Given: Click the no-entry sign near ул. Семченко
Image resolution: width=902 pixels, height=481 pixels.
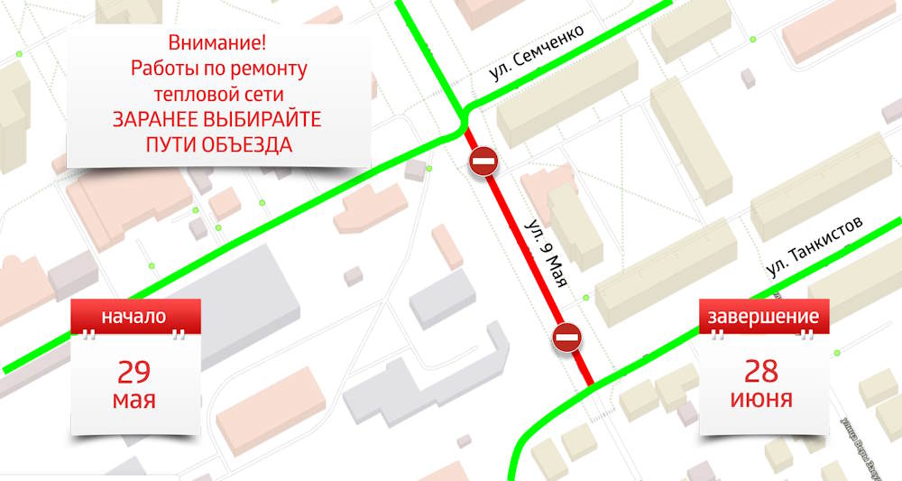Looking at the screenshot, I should tap(483, 163).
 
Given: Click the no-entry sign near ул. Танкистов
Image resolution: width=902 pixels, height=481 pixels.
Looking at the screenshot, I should tap(567, 339).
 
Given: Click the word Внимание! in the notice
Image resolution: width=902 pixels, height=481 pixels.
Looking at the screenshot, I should tap(217, 43).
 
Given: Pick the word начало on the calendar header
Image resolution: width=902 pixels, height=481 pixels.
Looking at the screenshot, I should tap(133, 317).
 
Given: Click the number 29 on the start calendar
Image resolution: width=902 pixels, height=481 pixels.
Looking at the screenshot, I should tap(133, 371).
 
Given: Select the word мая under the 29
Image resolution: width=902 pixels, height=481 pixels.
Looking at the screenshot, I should tap(133, 399).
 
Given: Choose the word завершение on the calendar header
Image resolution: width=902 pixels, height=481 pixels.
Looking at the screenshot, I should tap(763, 317).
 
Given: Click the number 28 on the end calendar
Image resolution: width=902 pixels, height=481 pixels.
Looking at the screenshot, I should tap(762, 369).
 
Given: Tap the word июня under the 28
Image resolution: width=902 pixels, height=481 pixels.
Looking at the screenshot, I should tap(762, 398).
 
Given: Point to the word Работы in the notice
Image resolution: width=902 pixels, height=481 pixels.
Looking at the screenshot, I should tap(163, 69).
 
